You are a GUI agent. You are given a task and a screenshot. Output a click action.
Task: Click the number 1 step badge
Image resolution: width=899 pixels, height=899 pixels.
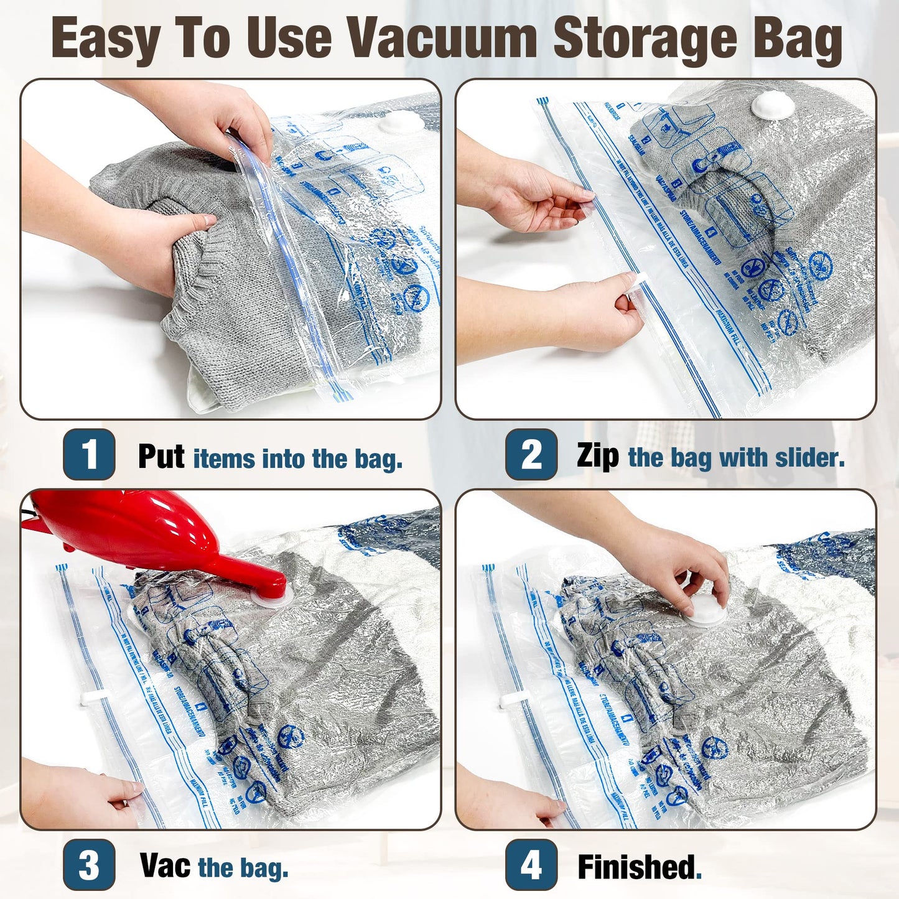[x=89, y=454]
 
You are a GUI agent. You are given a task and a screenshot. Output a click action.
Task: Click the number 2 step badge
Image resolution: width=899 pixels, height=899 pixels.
[x=531, y=454]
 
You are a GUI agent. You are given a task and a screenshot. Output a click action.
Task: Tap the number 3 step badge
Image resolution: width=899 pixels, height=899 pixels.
[x=89, y=864]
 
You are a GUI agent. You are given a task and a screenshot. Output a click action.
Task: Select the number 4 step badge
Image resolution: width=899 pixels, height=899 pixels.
[x=531, y=864]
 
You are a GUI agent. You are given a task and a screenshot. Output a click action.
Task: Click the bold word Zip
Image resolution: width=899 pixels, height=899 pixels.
[x=597, y=455]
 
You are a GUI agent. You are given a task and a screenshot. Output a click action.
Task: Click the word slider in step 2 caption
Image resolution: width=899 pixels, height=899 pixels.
[x=809, y=458]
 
